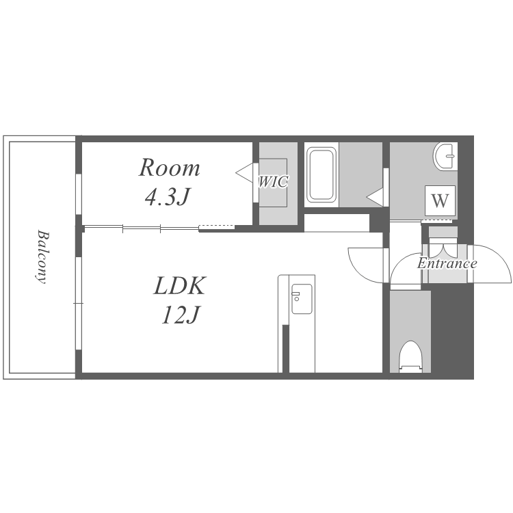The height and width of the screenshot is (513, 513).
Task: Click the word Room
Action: (169, 168)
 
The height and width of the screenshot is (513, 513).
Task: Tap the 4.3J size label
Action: (168, 196)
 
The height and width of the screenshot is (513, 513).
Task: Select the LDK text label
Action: (180, 286)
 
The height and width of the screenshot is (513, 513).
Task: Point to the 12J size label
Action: (181, 315)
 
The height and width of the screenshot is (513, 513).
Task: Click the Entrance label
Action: (447, 263)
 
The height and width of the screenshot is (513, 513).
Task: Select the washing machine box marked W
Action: (440, 200)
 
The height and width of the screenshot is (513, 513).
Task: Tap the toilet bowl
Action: (410, 356)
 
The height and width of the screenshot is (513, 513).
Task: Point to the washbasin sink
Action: (445, 156)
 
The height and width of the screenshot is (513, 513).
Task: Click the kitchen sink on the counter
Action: (302, 299)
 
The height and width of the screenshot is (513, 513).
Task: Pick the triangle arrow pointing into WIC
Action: (245, 173)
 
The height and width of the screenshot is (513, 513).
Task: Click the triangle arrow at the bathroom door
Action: (376, 197)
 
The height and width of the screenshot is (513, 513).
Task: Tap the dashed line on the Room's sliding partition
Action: (217, 226)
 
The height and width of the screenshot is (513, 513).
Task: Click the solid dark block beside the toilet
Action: (452, 331)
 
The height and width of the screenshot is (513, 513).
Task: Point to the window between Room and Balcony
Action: (79, 194)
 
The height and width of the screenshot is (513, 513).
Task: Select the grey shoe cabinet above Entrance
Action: (443, 233)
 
